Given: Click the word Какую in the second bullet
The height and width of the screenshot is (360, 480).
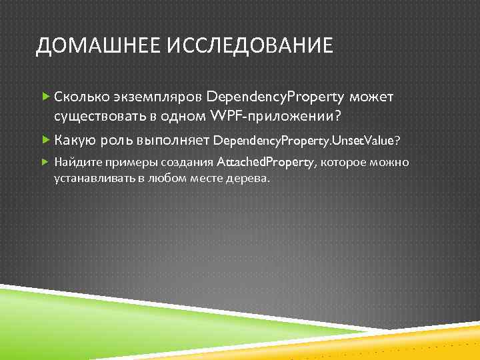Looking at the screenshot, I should pyautogui.click(x=76, y=141).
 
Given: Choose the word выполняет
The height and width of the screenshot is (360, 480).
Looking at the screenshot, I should pyautogui.click(x=172, y=141).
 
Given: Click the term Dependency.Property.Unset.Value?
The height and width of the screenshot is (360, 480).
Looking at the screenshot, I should pyautogui.click(x=307, y=141).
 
